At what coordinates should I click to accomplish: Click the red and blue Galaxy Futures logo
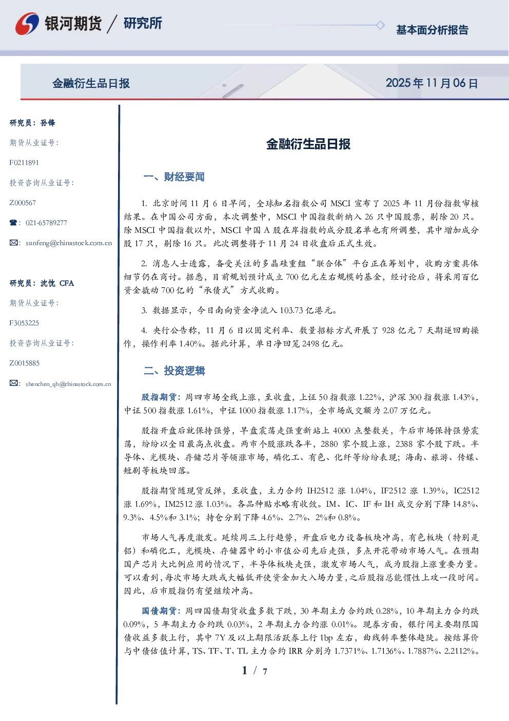[27, 23]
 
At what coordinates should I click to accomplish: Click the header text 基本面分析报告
[432, 30]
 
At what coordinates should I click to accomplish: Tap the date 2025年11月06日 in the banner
[432, 83]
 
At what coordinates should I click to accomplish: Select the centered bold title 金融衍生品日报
[308, 144]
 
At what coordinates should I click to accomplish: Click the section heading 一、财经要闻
[174, 177]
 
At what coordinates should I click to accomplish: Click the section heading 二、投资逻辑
[174, 371]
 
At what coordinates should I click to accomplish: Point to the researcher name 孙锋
[48, 123]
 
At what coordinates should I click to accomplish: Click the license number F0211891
[24, 162]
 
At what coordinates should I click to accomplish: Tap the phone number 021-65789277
[46, 223]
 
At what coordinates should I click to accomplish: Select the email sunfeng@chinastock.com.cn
[69, 243]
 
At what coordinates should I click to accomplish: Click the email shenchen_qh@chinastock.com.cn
[68, 384]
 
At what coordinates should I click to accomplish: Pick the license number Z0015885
[25, 363]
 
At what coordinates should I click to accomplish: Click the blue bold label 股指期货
[159, 397]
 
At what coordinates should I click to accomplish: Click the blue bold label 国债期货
[159, 611]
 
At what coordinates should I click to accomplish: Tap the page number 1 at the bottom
[245, 671]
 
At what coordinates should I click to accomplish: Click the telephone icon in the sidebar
[13, 223]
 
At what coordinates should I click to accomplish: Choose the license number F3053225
[24, 323]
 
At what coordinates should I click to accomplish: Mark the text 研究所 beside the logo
[143, 23]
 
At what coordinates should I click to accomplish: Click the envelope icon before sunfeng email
[13, 243]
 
